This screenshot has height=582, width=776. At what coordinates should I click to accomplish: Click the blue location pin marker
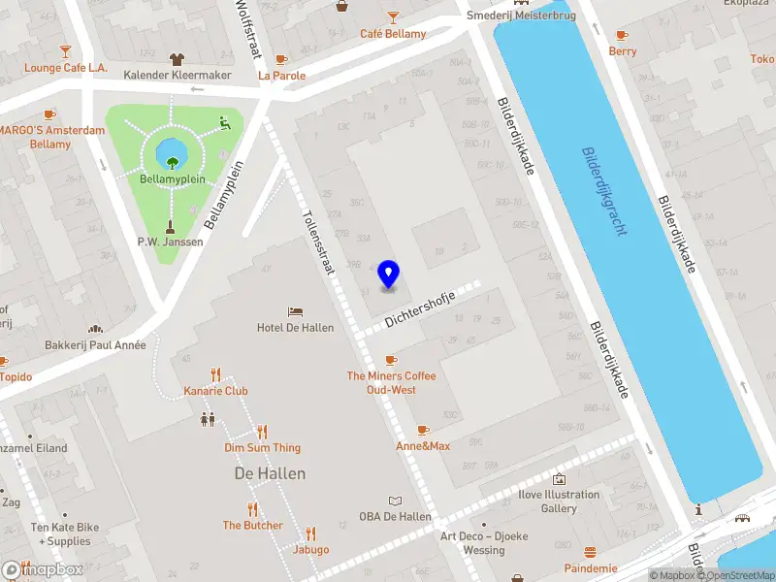[x=389, y=275]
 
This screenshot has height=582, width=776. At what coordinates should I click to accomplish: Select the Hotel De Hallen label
[x=295, y=328]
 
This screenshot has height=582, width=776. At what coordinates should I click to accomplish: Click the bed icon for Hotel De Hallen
[x=296, y=311]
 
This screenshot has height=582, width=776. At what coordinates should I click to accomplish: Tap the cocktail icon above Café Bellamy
[x=393, y=16]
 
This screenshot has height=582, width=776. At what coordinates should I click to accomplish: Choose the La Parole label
[x=281, y=76]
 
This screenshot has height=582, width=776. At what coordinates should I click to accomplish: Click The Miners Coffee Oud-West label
[x=391, y=382]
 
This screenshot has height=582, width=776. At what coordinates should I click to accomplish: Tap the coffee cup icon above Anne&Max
[x=422, y=430]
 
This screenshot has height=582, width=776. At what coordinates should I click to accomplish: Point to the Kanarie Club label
[x=215, y=391]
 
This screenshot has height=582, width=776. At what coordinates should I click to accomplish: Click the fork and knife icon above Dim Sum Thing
[x=262, y=432]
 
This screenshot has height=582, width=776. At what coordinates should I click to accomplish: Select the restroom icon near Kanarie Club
[x=207, y=419]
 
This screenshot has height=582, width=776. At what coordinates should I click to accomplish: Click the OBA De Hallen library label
[x=395, y=517]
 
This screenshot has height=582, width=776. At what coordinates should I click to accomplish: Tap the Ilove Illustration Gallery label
[x=558, y=501]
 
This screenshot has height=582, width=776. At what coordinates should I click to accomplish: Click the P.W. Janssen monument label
[x=170, y=242]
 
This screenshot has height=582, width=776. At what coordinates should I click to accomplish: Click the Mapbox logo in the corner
[x=44, y=569]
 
